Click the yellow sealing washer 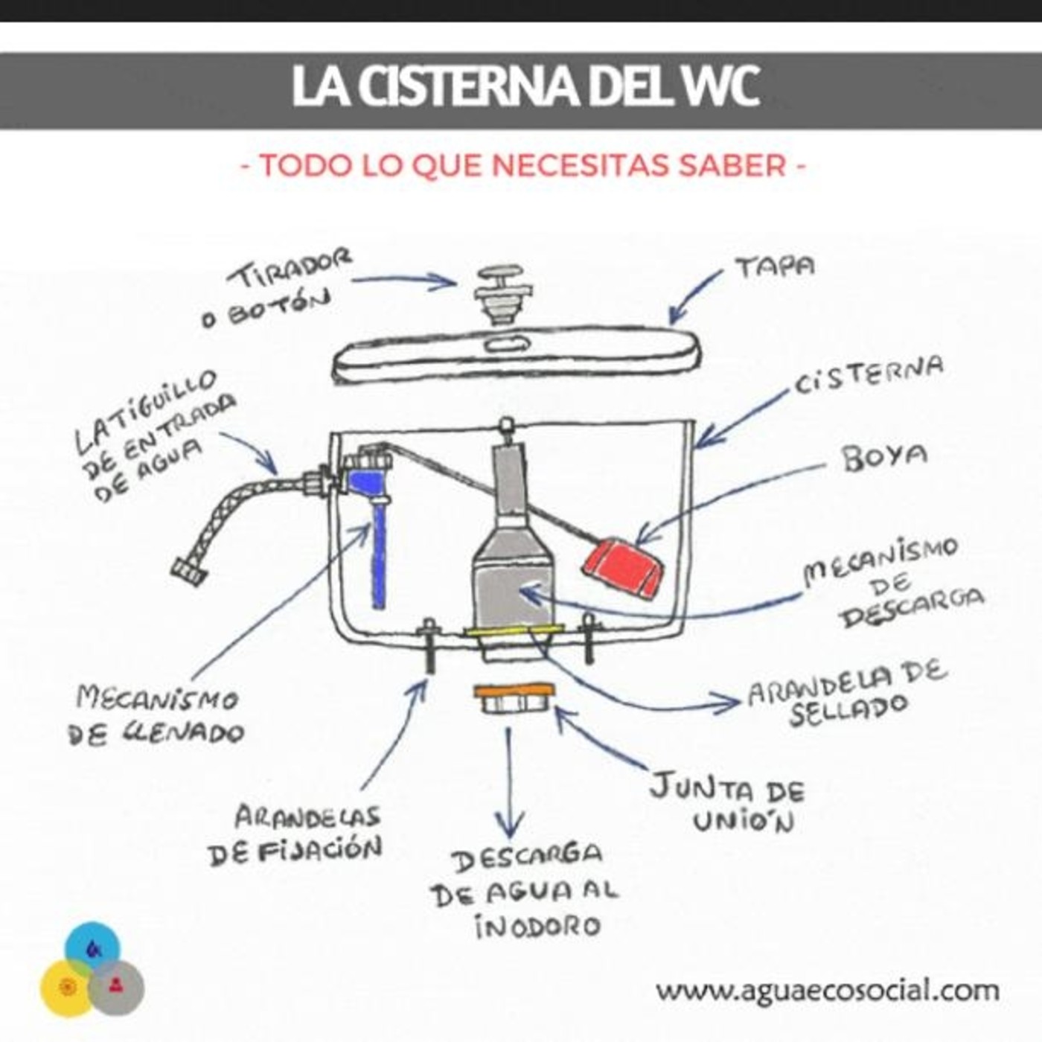514,633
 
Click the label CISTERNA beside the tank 869,376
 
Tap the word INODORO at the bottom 537,927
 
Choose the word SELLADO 848,711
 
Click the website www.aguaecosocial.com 827,991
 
